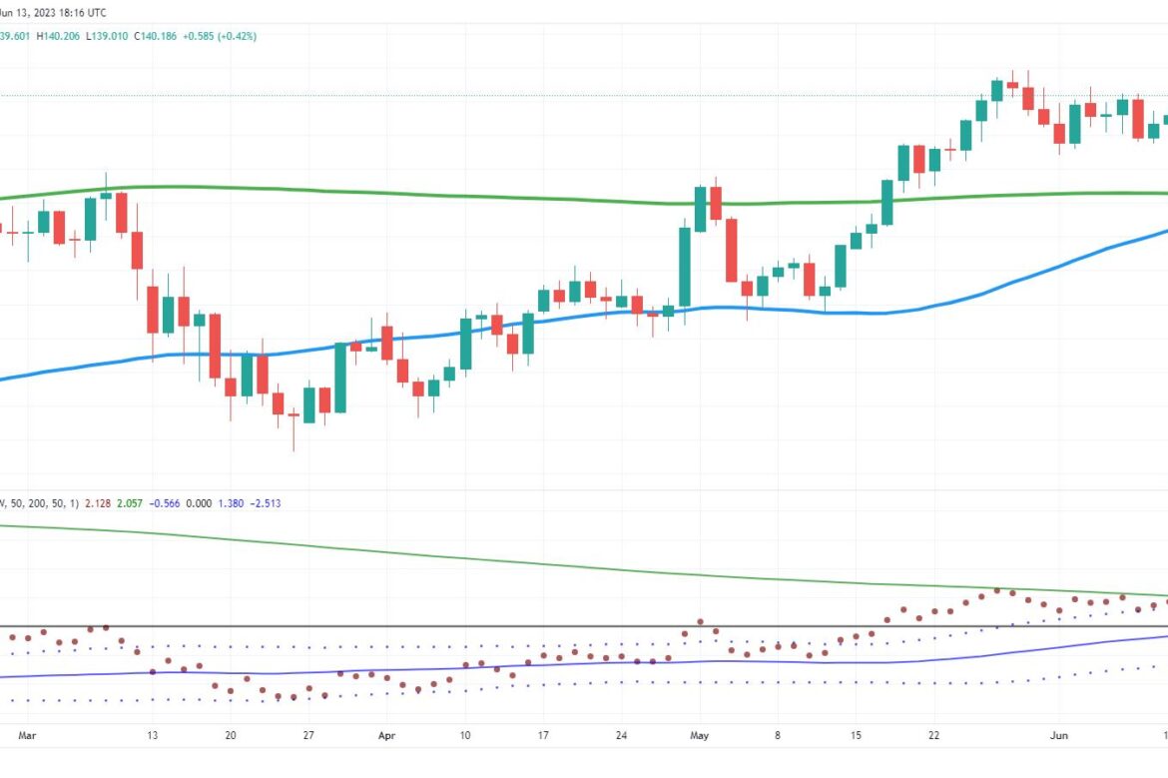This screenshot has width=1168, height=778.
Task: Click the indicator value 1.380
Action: pyautogui.click(x=231, y=503)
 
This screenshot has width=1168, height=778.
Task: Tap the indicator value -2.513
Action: pyautogui.click(x=266, y=503)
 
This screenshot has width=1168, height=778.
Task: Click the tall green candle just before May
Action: pyautogui.click(x=685, y=267)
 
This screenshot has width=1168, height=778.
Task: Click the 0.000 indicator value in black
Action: pyautogui.click(x=199, y=503)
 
